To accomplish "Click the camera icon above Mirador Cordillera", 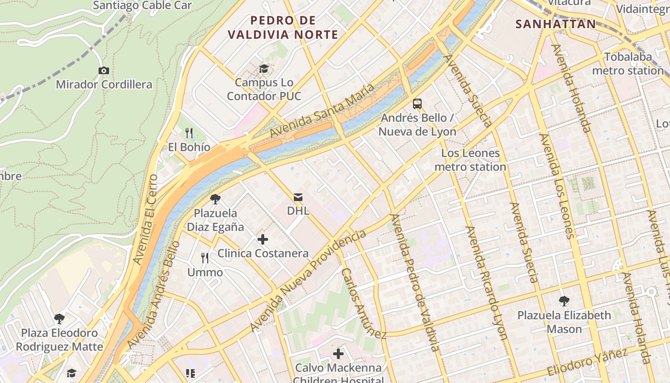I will click(103, 71).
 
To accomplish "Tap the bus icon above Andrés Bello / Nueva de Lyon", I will click(417, 103).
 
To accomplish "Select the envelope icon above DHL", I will click(298, 197).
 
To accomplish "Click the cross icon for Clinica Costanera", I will click(262, 239).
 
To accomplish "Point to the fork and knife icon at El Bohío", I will click(190, 133).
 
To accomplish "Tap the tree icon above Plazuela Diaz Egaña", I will click(215, 199).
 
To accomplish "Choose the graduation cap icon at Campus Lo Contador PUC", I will click(264, 69).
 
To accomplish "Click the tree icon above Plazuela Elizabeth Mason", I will click(564, 301).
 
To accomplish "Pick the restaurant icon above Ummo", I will click(205, 259).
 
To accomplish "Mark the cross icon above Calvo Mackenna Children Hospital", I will click(338, 354).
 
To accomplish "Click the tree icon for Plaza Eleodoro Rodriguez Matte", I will click(59, 319).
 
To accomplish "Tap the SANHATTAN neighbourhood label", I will click(556, 24).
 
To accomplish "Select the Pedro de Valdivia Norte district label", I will click(283, 28).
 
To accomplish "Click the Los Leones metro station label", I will click(470, 160).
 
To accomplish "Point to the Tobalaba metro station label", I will click(628, 64).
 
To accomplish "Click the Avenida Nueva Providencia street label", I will click(308, 280).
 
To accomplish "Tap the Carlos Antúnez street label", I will click(363, 303).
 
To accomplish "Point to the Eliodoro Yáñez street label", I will click(587, 363).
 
